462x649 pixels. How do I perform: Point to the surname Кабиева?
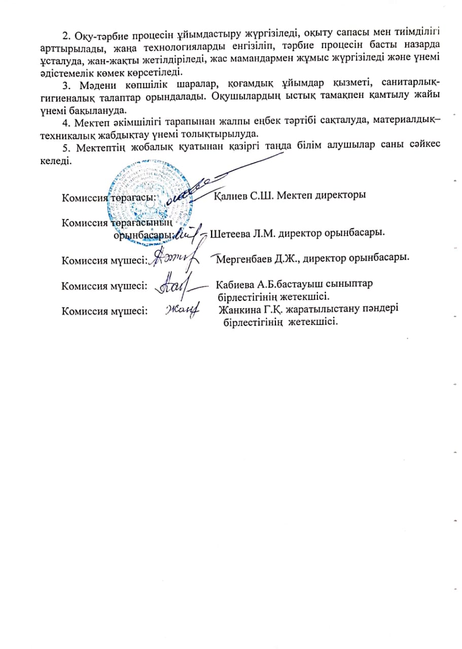tap(233, 284)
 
